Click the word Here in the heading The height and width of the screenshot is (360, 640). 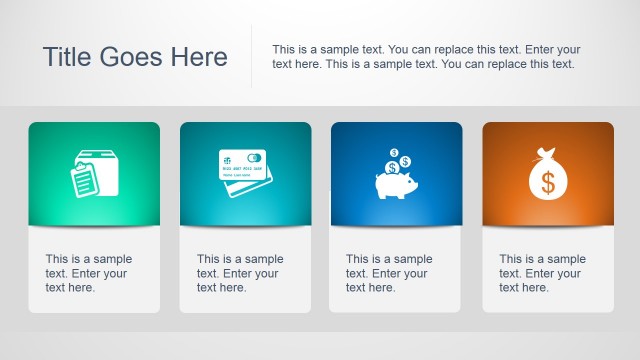pos(197,57)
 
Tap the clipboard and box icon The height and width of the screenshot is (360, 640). pos(95,173)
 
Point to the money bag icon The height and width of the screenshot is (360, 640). pos(547,175)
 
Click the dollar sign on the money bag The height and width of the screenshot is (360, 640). pos(547,182)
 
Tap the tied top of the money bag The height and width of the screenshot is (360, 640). pos(547,154)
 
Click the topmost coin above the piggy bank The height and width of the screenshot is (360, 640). pos(395,154)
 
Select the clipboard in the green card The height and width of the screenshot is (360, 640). pos(86,181)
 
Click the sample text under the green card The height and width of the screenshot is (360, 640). pos(88,273)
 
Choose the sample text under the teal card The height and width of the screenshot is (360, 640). pos(240,273)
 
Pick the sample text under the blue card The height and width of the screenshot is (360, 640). pos(389,273)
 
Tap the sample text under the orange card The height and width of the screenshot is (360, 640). pos(542,273)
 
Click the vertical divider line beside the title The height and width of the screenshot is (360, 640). pos(251,57)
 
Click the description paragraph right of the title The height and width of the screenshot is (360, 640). pos(426,57)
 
